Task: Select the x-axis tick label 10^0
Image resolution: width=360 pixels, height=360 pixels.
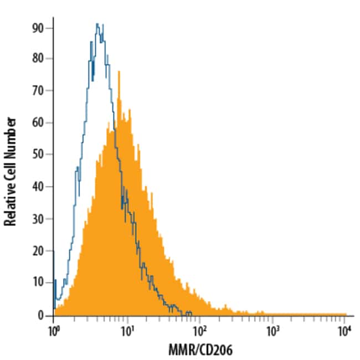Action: [x=54, y=330]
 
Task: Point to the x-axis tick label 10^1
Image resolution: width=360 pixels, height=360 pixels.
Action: [x=127, y=330]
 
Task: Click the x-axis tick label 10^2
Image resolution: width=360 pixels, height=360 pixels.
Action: [x=199, y=330]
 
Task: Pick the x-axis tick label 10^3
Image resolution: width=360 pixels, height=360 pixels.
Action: [x=272, y=330]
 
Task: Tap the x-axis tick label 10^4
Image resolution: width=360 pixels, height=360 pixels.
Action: [x=345, y=330]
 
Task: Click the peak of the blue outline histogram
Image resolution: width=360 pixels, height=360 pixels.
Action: [x=97, y=24]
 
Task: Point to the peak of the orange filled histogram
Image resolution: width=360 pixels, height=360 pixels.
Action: [x=119, y=71]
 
